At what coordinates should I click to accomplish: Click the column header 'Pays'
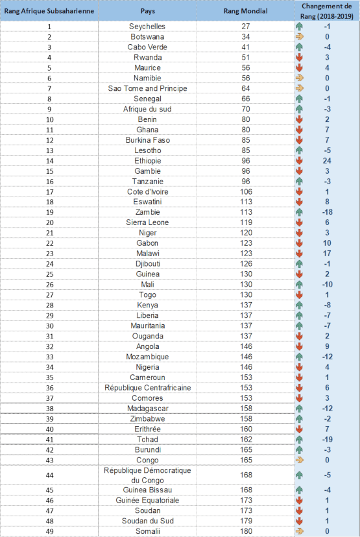148,11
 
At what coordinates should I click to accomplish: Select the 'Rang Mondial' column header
246,11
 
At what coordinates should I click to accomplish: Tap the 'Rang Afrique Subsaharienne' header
49,11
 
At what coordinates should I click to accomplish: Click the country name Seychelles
147,27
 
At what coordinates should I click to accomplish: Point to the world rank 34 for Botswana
246,37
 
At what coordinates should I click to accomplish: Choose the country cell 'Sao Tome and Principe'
148,88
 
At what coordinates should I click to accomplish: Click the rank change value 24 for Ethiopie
327,161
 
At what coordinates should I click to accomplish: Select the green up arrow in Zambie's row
300,212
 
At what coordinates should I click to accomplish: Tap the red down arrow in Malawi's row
300,254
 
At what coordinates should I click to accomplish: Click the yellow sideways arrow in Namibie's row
300,78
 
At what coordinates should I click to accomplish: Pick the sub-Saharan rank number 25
50,274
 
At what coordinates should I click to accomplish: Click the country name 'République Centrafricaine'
148,388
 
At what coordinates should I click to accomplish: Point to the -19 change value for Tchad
327,440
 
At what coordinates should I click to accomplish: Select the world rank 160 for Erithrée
246,429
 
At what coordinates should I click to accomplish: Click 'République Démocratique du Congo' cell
147,475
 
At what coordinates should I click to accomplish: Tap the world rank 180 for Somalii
246,531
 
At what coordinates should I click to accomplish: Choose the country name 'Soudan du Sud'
148,521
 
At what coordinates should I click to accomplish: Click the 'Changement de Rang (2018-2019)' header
327,11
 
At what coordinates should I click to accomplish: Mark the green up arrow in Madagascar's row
300,409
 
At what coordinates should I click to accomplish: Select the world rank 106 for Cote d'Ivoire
246,192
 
